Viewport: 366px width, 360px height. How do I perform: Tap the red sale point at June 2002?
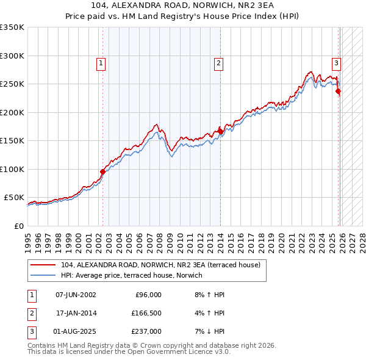click(x=102, y=171)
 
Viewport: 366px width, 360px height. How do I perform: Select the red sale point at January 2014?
click(x=220, y=131)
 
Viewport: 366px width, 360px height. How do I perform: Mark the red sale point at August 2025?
click(x=339, y=92)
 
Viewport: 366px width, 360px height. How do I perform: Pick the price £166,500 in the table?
click(x=146, y=314)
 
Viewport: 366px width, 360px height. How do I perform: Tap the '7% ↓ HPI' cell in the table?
click(x=207, y=333)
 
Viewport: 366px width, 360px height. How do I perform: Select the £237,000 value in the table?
click(x=146, y=333)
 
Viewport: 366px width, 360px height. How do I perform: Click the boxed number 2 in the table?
click(x=31, y=314)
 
